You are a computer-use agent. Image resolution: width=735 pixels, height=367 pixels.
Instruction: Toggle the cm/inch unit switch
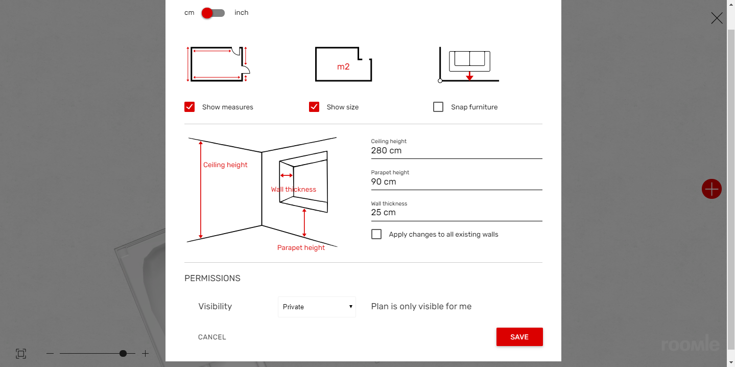tap(214, 13)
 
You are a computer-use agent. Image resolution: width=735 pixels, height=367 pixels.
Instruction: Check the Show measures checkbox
tap(189, 107)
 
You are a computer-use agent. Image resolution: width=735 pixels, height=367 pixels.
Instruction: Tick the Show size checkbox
tap(314, 107)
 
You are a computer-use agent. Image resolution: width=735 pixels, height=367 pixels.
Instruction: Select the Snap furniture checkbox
tap(438, 107)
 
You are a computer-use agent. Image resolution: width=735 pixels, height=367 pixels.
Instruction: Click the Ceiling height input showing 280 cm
tap(457, 151)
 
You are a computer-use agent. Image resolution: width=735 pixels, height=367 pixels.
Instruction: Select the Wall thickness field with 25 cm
tap(457, 213)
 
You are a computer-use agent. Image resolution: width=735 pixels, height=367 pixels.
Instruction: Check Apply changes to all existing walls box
tap(376, 234)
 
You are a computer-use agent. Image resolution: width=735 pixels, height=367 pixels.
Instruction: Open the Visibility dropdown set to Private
tap(317, 307)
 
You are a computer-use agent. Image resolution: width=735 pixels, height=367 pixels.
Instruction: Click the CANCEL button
tap(212, 337)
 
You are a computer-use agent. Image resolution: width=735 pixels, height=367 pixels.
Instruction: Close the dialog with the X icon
tap(717, 18)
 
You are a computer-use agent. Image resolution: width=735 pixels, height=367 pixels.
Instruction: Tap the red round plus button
tap(712, 189)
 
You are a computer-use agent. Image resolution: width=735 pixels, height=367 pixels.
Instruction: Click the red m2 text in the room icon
tap(343, 66)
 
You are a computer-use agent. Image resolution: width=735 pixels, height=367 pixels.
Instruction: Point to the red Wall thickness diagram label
tap(293, 190)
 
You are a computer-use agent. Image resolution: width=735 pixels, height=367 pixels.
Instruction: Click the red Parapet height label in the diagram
tap(301, 247)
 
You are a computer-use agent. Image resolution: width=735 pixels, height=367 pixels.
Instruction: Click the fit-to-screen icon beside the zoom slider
tap(21, 354)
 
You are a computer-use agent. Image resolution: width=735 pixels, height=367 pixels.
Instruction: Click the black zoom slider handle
tap(123, 354)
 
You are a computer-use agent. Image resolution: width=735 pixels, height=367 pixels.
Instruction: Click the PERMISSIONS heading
tap(212, 279)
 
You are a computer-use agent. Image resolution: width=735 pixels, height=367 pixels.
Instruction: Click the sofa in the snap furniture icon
tap(469, 61)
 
